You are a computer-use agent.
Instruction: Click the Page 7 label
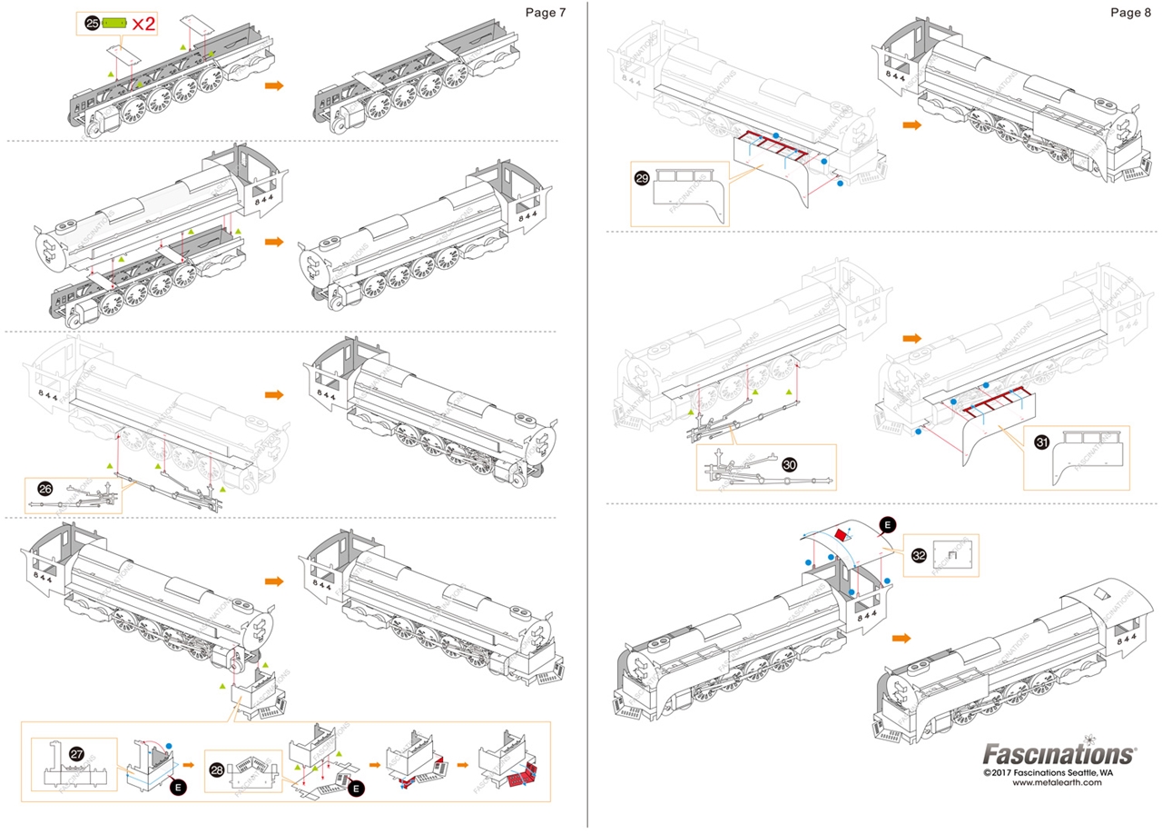point(546,12)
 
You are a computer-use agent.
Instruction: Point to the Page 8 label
point(1130,12)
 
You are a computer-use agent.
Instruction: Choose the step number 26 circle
point(45,489)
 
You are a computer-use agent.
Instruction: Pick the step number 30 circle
point(789,463)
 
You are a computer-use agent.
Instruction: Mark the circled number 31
point(1041,442)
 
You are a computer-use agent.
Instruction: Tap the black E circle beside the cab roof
point(886,524)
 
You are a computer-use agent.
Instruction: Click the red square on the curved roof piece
point(840,536)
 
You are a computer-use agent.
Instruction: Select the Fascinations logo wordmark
point(1059,754)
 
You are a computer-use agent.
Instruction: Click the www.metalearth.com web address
point(1057,782)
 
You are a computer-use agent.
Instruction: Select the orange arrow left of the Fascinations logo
point(901,638)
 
